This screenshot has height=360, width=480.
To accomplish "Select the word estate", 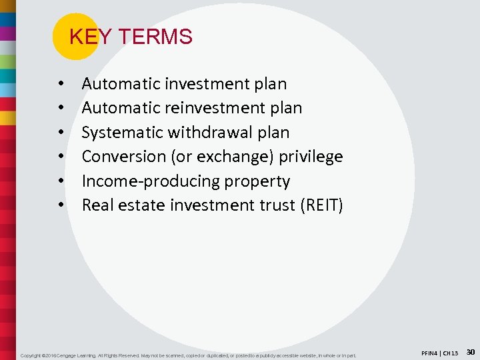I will (142, 205).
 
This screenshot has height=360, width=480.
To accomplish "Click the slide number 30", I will (470, 351).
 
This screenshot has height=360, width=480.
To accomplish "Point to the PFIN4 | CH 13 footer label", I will (439, 352).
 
